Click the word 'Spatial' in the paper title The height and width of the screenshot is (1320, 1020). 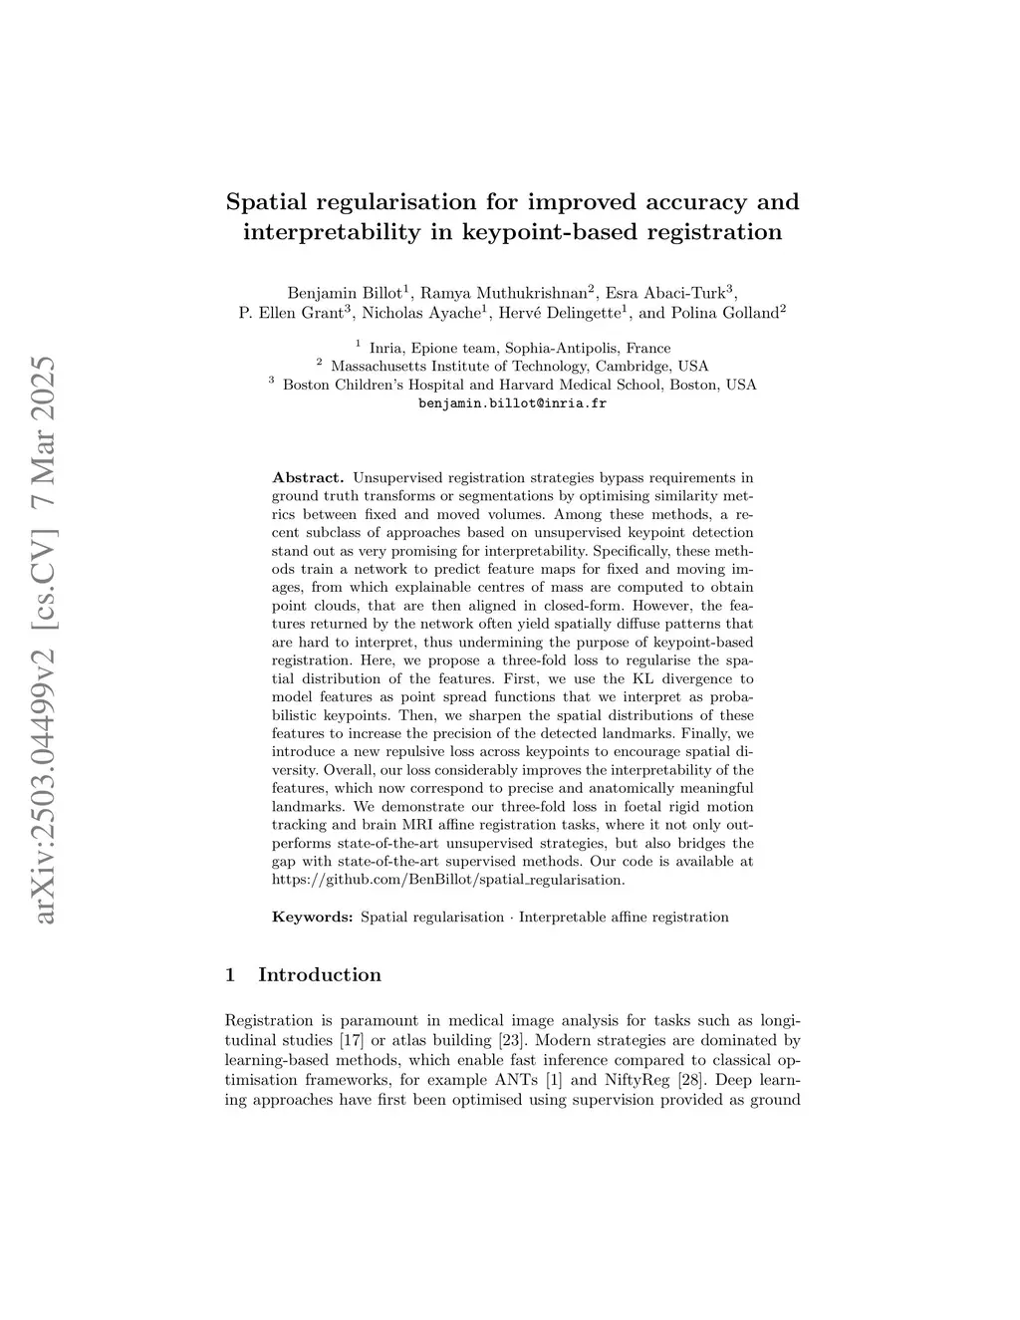tap(267, 202)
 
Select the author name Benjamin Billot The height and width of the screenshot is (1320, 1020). tap(344, 293)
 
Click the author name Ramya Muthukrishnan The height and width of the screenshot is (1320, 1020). tap(504, 293)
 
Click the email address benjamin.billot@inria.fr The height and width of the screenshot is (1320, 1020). tap(512, 403)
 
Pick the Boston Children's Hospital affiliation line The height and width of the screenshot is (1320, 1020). tap(519, 385)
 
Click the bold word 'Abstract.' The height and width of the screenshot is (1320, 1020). tap(308, 478)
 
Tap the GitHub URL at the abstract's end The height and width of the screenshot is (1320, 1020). tap(448, 880)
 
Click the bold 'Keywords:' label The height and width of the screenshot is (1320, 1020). tap(312, 917)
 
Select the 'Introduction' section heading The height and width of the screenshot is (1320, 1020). tap(319, 975)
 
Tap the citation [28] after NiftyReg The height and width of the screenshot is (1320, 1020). tap(687, 1080)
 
